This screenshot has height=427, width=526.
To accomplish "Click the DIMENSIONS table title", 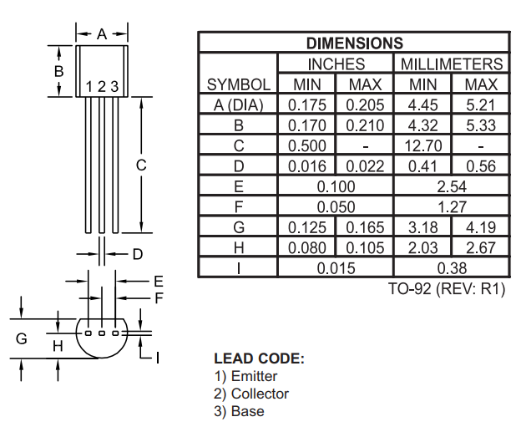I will coord(353,43).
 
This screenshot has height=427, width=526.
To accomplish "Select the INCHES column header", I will coord(336,64).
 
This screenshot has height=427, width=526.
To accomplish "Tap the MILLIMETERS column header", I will coord(452,64).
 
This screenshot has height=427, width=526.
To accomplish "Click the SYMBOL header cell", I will coord(239,84).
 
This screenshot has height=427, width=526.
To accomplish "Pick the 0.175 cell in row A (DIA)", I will coord(307,105).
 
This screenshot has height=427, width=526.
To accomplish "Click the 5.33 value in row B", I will coord(481,125).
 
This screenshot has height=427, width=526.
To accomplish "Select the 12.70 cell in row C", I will coord(423,145).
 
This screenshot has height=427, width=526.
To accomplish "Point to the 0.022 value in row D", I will coord(365,166).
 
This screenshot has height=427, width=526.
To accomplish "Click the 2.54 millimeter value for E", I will coord(452,186).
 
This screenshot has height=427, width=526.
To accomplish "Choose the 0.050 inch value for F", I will coord(336,206).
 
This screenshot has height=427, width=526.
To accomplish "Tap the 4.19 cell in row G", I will coord(481,227).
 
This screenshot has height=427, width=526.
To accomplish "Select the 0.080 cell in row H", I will coord(307,247).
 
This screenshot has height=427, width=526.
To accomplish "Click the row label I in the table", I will coord(239,268).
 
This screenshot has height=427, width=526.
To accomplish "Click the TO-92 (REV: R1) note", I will coord(446,289).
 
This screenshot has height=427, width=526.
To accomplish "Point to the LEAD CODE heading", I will coord(259,358).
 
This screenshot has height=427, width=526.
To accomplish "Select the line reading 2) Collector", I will coord(251,394).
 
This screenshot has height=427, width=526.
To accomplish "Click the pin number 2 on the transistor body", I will coord(101,87).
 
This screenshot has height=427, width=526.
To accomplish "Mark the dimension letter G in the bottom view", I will coord(22,338).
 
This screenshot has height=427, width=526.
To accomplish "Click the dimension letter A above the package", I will coord(102,34).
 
